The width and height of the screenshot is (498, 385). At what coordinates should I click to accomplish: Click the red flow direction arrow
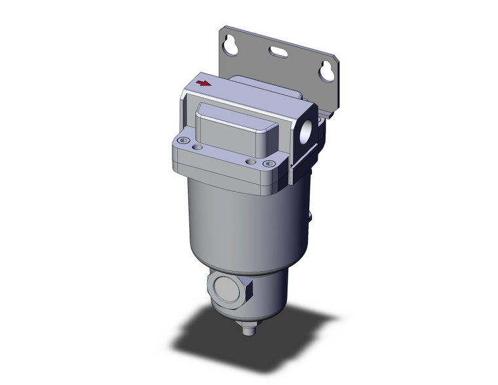(x=204, y=83)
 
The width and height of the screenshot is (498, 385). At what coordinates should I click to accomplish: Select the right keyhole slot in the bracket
(x=325, y=71)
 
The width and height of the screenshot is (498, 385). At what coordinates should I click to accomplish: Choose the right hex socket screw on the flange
(x=266, y=164)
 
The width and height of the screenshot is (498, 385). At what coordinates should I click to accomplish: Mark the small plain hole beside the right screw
(x=250, y=160)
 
